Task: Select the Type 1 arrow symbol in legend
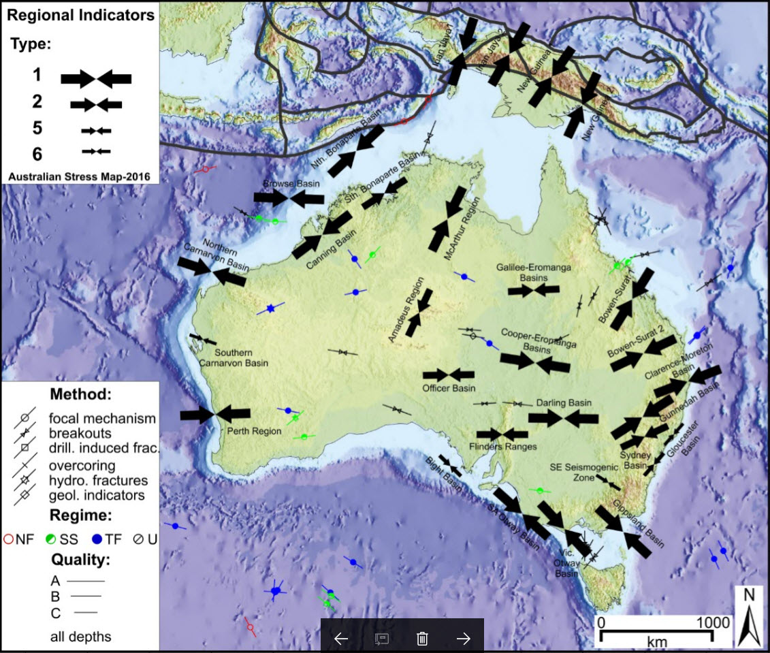tap(96, 78)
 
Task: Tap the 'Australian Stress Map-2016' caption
tap(79, 177)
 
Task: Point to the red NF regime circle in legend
tap(9, 539)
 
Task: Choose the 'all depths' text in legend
tap(80, 637)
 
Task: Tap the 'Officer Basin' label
tap(448, 388)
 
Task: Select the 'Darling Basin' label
tap(563, 402)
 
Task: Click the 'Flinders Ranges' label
tap(503, 447)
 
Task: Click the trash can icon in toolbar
tap(422, 638)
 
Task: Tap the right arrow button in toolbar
tap(463, 638)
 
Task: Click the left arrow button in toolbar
tap(341, 638)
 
